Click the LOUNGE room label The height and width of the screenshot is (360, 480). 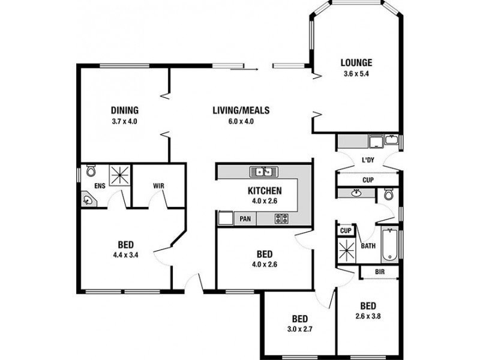pos(356,62)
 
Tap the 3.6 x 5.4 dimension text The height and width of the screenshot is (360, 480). pos(356,74)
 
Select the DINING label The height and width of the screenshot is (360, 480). pos(125,110)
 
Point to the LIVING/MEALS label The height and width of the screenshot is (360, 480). pos(241,110)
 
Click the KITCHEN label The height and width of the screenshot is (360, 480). pos(265,191)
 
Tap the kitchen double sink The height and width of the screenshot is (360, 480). pos(263,172)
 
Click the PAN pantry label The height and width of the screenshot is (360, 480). pos(245,219)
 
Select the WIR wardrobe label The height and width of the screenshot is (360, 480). pos(159,186)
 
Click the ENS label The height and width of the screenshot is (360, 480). pos(100,186)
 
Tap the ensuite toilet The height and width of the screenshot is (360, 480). pos(91,171)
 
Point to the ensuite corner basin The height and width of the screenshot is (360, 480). pos(88,198)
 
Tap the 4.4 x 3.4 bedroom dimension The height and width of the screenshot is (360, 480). pos(125,256)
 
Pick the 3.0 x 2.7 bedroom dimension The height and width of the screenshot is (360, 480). pos(300,329)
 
